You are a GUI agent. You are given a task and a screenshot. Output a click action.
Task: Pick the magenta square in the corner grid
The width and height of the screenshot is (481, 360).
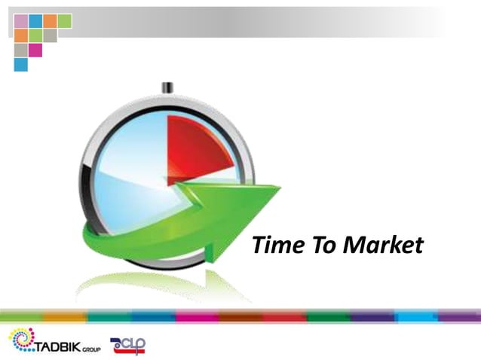pos(35,50)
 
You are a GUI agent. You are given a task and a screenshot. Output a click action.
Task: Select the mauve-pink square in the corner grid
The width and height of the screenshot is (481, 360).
pos(20,21)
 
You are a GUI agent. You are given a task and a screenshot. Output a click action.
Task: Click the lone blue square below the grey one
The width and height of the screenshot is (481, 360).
pos(20,64)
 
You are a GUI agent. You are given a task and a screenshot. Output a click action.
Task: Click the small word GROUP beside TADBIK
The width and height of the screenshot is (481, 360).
pos(91,349)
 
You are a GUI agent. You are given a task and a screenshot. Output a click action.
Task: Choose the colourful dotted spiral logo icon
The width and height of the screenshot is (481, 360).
pos(21,339)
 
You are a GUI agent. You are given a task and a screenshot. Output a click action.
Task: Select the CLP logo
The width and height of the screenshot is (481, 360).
pos(128,345)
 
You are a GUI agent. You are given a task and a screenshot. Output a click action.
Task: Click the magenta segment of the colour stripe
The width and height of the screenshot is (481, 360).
pos(196,316)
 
